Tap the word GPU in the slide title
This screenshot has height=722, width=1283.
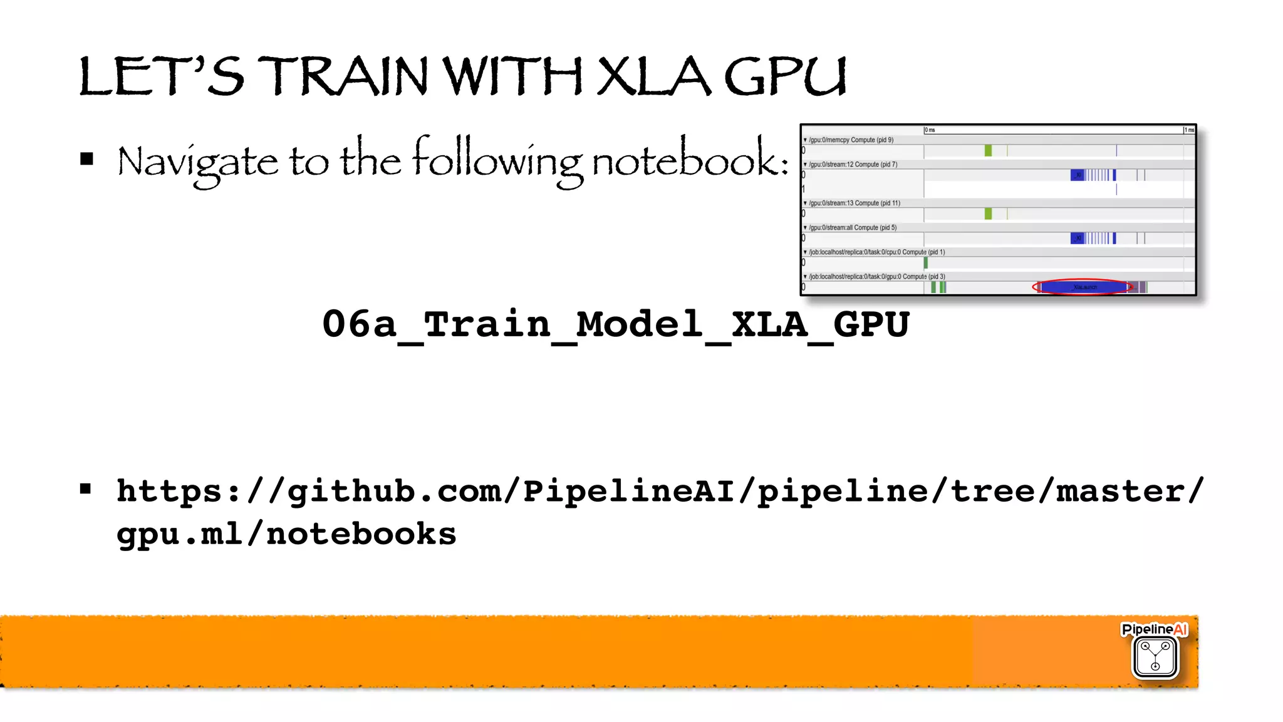click(785, 78)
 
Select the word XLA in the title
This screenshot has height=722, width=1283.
click(653, 76)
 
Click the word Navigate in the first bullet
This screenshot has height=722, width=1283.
click(197, 162)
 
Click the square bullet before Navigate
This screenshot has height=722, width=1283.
click(86, 159)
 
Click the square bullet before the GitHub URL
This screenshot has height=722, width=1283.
click(86, 489)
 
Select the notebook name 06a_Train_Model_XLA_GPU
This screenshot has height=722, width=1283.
click(615, 324)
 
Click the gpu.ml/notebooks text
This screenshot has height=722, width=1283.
click(286, 534)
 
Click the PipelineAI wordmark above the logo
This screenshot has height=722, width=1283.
click(1154, 629)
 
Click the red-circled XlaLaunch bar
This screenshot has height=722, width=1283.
click(1084, 287)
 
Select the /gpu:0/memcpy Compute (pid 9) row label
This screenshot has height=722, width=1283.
click(851, 140)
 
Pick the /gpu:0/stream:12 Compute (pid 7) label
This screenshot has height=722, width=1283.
click(853, 165)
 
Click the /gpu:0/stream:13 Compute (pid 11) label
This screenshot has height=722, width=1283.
click(854, 203)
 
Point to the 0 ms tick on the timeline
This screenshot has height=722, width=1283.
click(930, 130)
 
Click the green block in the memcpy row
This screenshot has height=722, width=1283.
click(988, 150)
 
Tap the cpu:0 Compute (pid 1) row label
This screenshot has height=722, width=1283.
click(876, 252)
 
